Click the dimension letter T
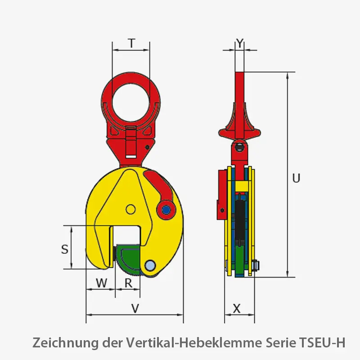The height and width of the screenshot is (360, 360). pos(131,43)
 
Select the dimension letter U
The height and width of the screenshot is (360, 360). pos(296,178)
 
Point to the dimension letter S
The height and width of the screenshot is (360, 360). pos(65,249)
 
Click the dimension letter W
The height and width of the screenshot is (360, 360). pos(102,283)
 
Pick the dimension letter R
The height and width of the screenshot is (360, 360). pos(128,283)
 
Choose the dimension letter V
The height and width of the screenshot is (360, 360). pos(135,309)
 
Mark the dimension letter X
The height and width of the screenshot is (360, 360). pos(237,309)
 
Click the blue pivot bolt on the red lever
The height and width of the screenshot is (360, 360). pos(166,209)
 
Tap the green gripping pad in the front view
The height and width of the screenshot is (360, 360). pos(130,259)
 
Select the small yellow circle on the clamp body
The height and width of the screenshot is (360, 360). pos(130,209)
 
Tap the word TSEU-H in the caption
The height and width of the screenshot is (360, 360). pos(322,343)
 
